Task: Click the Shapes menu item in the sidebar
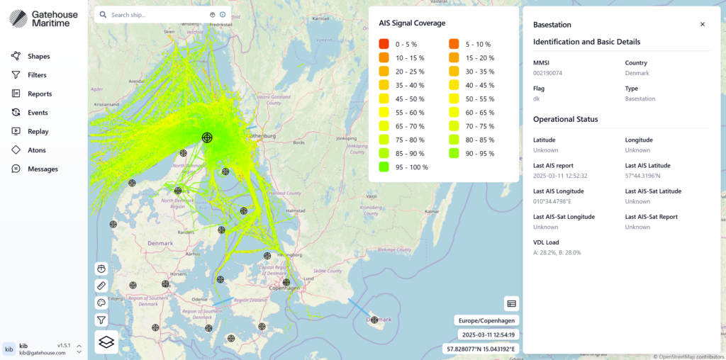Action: pos(38,56)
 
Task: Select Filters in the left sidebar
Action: pos(37,75)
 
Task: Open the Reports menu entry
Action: pos(39,94)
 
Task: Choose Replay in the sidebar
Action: pos(38,131)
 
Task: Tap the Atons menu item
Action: pos(36,150)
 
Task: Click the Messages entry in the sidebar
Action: pos(43,169)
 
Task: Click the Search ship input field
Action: pos(156,15)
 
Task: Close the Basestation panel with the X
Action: pos(703,24)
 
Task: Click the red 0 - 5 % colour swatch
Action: pos(384,44)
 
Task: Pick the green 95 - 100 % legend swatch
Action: pos(384,167)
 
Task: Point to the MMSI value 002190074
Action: pos(547,73)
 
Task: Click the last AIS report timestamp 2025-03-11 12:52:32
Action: pos(560,176)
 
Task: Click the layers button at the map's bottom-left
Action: pos(106,342)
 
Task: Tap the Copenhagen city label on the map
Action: pos(284,288)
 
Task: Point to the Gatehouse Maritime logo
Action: pos(50,18)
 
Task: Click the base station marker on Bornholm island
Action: pos(374,320)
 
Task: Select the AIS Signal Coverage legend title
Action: pos(412,23)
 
